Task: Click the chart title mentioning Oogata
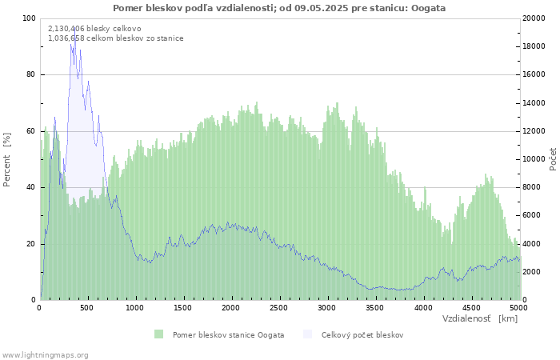(x=279, y=8)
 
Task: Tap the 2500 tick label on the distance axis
(x=278, y=308)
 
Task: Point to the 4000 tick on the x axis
(x=423, y=308)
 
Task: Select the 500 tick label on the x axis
(x=86, y=308)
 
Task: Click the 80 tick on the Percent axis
(x=30, y=74)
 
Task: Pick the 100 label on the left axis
(x=29, y=18)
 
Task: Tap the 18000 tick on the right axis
(x=534, y=46)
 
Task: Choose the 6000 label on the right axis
(x=532, y=215)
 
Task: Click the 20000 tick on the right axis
(x=534, y=18)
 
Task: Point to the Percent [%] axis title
(x=6, y=160)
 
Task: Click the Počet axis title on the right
(x=554, y=159)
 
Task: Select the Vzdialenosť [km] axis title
(x=480, y=318)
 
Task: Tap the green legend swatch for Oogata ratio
(x=158, y=334)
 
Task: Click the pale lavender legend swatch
(x=307, y=334)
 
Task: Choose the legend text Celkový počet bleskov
(x=362, y=335)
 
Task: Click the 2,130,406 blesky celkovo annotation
(x=94, y=29)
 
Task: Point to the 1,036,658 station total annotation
(x=116, y=38)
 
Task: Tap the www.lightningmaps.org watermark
(x=45, y=355)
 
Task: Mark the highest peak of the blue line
(x=74, y=28)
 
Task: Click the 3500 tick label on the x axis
(x=375, y=308)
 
